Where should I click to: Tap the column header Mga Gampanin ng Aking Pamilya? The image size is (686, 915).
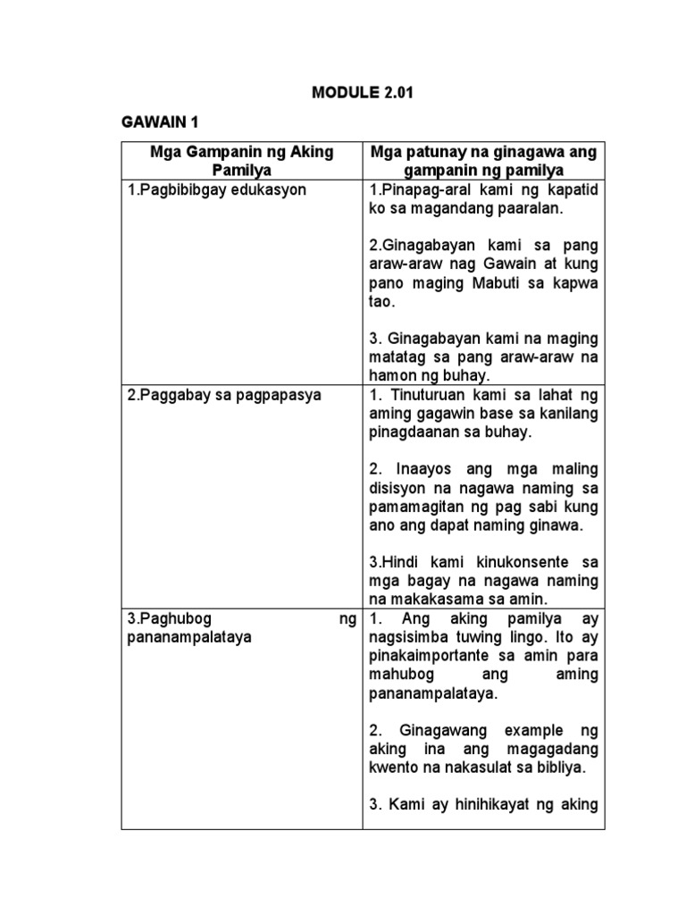(241, 161)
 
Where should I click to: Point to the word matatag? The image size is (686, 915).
(396, 357)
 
